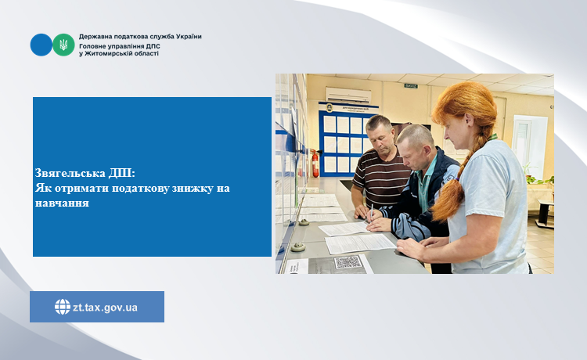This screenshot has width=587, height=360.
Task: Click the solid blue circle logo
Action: (41, 45)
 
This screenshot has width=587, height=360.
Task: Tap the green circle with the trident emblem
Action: (63, 45)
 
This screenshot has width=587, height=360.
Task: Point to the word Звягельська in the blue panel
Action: (70, 173)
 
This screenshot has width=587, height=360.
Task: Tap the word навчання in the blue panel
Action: (62, 203)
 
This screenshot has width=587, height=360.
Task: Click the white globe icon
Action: (63, 307)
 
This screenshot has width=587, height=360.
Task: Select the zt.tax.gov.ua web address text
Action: (105, 308)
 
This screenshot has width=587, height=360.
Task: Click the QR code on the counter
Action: (348, 262)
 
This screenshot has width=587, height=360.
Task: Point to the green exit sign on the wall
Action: (411, 86)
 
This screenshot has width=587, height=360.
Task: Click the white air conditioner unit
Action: (348, 95)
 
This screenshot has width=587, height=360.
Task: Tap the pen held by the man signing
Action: (371, 212)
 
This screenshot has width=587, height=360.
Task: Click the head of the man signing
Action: (415, 146)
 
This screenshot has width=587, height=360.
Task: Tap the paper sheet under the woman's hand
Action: (360, 243)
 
